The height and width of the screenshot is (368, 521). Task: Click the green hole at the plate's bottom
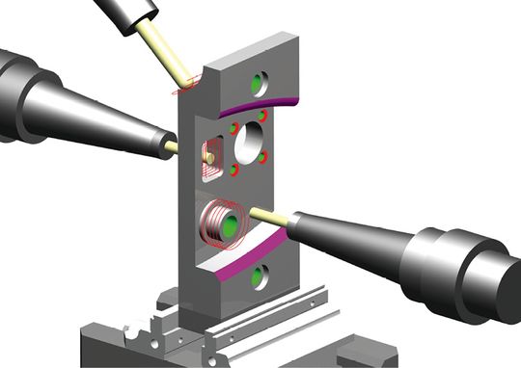[258, 278]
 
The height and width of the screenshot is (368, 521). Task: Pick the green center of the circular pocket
[230, 227]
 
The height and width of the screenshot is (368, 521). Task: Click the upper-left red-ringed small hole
[233, 126]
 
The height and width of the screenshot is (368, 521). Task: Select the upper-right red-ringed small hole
[262, 115]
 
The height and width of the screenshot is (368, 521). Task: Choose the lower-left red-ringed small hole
[233, 170]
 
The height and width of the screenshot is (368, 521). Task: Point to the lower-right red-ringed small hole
[262, 157]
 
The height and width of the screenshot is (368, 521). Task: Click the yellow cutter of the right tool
[269, 216]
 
